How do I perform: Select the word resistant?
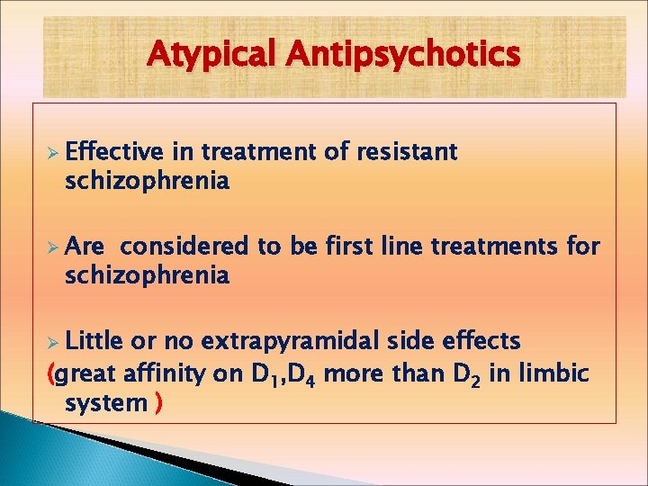tap(408, 152)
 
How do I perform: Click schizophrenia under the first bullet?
tap(147, 181)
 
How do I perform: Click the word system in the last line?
tap(105, 402)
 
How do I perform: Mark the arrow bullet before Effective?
tap(53, 152)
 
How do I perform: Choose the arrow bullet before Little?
tap(53, 342)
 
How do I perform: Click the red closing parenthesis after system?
tap(158, 402)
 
